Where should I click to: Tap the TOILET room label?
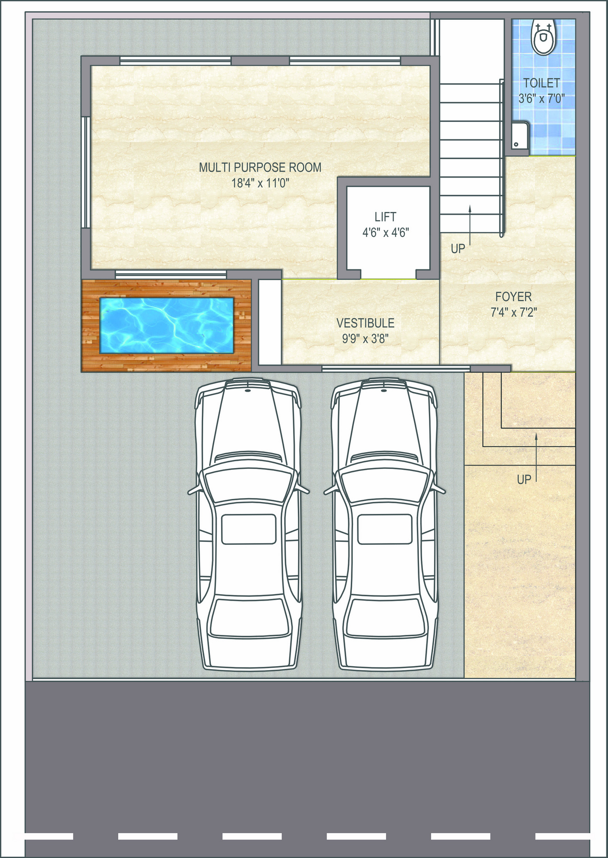542,82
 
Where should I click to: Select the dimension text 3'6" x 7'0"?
542,99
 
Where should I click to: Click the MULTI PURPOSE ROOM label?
260,167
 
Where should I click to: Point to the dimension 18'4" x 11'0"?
260,183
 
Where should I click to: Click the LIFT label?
386,217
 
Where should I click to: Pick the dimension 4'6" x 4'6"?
386,233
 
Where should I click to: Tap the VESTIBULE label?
365,323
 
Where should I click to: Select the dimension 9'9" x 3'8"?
365,339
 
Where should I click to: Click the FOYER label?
514,296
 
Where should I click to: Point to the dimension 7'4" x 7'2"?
514,312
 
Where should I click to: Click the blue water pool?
167,326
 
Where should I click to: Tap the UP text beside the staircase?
458,249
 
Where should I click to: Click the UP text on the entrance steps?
524,480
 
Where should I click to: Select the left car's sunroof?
249,529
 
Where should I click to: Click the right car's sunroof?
385,529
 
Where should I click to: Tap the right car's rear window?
385,618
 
